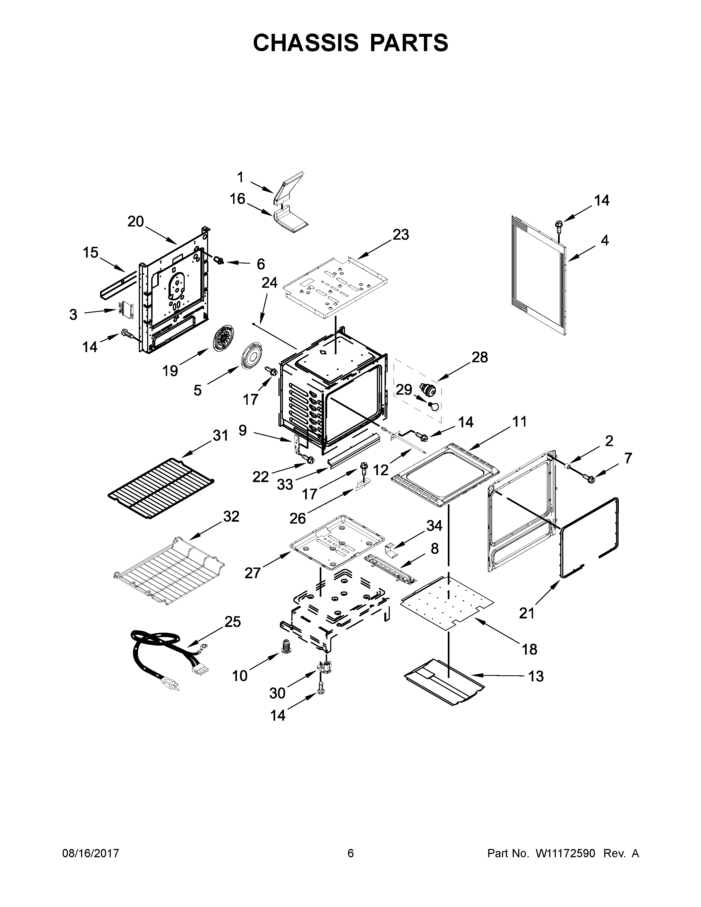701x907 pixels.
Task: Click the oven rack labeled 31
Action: click(161, 490)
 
